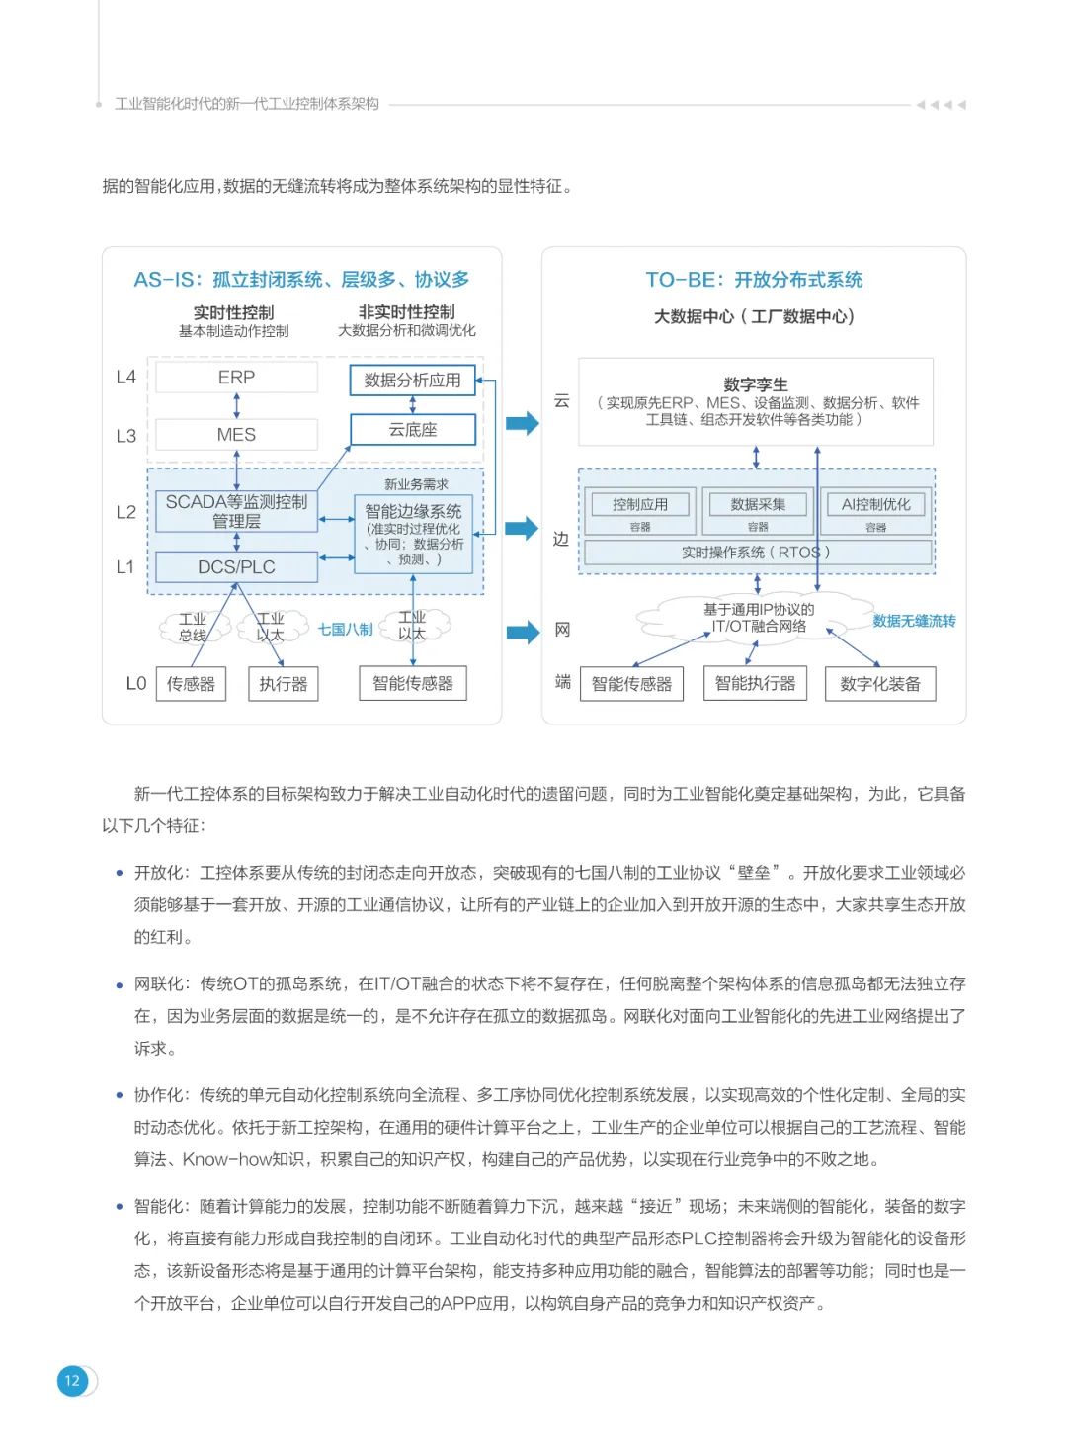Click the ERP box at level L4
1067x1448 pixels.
[237, 378]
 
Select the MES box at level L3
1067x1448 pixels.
[237, 435]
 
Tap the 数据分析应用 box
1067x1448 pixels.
[412, 381]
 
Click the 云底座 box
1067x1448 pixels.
[412, 430]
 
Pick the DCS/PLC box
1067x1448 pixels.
[237, 567]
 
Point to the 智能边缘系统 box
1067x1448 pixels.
[413, 534]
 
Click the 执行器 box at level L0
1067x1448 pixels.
[284, 684]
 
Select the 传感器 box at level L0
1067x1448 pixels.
[191, 684]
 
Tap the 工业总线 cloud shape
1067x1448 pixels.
[193, 627]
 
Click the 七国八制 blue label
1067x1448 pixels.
[345, 630]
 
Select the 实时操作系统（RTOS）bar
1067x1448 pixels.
[756, 553]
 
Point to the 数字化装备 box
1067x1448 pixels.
[880, 684]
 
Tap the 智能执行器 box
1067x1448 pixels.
[755, 683]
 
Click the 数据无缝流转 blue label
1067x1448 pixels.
[914, 621]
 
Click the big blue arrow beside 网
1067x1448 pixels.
[523, 632]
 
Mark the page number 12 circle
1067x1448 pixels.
[72, 1381]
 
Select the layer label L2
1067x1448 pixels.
[125, 512]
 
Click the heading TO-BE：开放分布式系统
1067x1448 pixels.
[754, 280]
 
